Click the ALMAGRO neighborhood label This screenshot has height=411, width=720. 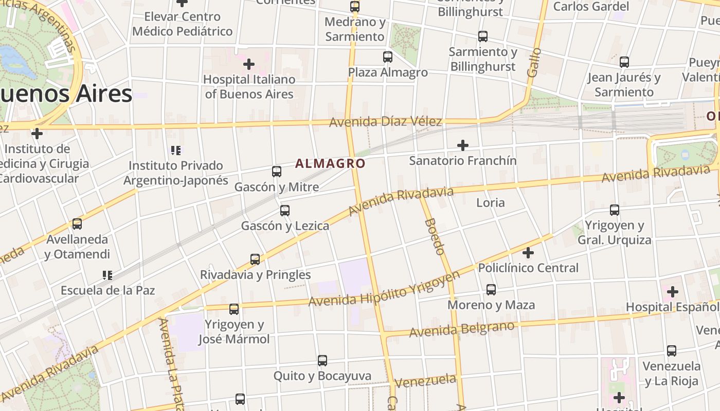[330, 163]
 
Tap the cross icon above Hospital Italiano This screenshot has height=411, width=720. [249, 64]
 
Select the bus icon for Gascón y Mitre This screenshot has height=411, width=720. [277, 172]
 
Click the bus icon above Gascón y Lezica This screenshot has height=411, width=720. [285, 211]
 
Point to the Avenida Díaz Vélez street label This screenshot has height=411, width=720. [385, 122]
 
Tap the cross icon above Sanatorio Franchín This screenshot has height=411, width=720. [463, 145]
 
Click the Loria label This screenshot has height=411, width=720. [490, 202]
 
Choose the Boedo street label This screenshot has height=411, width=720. [435, 236]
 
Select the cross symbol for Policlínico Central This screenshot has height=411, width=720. [528, 253]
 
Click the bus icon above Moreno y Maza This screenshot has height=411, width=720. [491, 290]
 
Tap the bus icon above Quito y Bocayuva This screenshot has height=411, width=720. [322, 361]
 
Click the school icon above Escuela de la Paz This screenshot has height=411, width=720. [107, 275]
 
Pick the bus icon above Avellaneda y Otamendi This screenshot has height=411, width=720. [77, 224]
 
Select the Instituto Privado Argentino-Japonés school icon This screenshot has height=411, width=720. [176, 151]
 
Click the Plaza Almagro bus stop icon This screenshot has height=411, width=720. [388, 57]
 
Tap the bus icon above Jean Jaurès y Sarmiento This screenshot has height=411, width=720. [624, 62]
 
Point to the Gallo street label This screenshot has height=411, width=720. [534, 63]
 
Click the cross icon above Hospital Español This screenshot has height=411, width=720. [673, 292]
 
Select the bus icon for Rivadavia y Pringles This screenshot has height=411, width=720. [255, 259]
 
